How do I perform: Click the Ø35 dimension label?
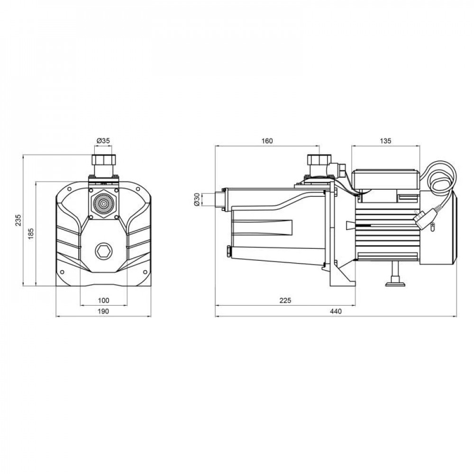pos(103,141)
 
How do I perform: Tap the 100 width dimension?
pos(103,300)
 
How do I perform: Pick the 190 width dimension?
pos(103,311)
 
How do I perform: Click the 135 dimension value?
pos(386,141)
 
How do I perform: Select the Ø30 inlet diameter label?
pos(197,199)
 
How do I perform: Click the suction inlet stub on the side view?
pos(219,199)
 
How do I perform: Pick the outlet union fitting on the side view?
pos(316,164)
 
